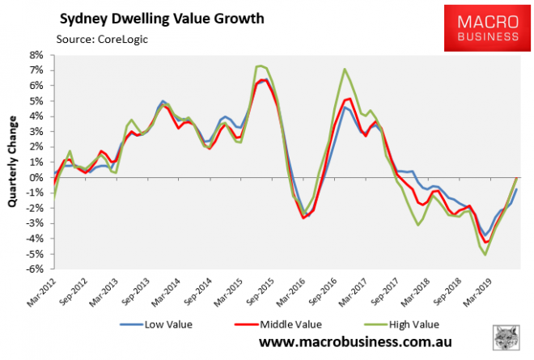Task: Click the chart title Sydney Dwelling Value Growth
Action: [155, 19]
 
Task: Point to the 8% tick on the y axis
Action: [36, 55]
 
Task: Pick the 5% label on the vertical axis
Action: [36, 101]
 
